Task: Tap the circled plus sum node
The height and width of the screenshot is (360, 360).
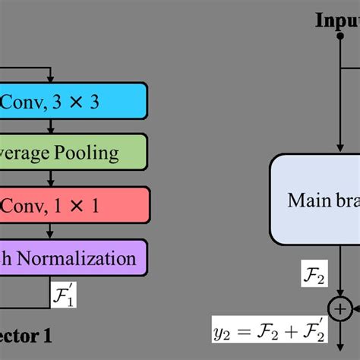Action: click(339, 308)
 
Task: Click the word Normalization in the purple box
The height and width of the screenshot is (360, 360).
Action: click(87, 258)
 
